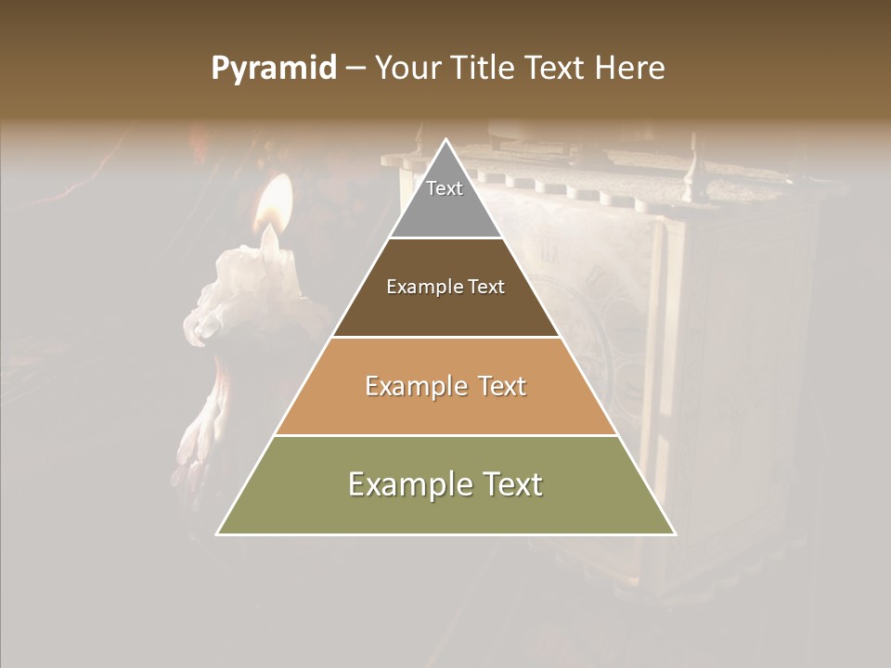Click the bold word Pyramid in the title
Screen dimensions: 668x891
click(273, 69)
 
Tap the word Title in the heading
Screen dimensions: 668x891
click(485, 69)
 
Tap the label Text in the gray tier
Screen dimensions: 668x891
click(445, 188)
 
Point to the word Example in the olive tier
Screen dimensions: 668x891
click(408, 484)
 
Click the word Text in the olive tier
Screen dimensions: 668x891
click(510, 484)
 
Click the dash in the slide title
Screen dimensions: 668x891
click(355, 69)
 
